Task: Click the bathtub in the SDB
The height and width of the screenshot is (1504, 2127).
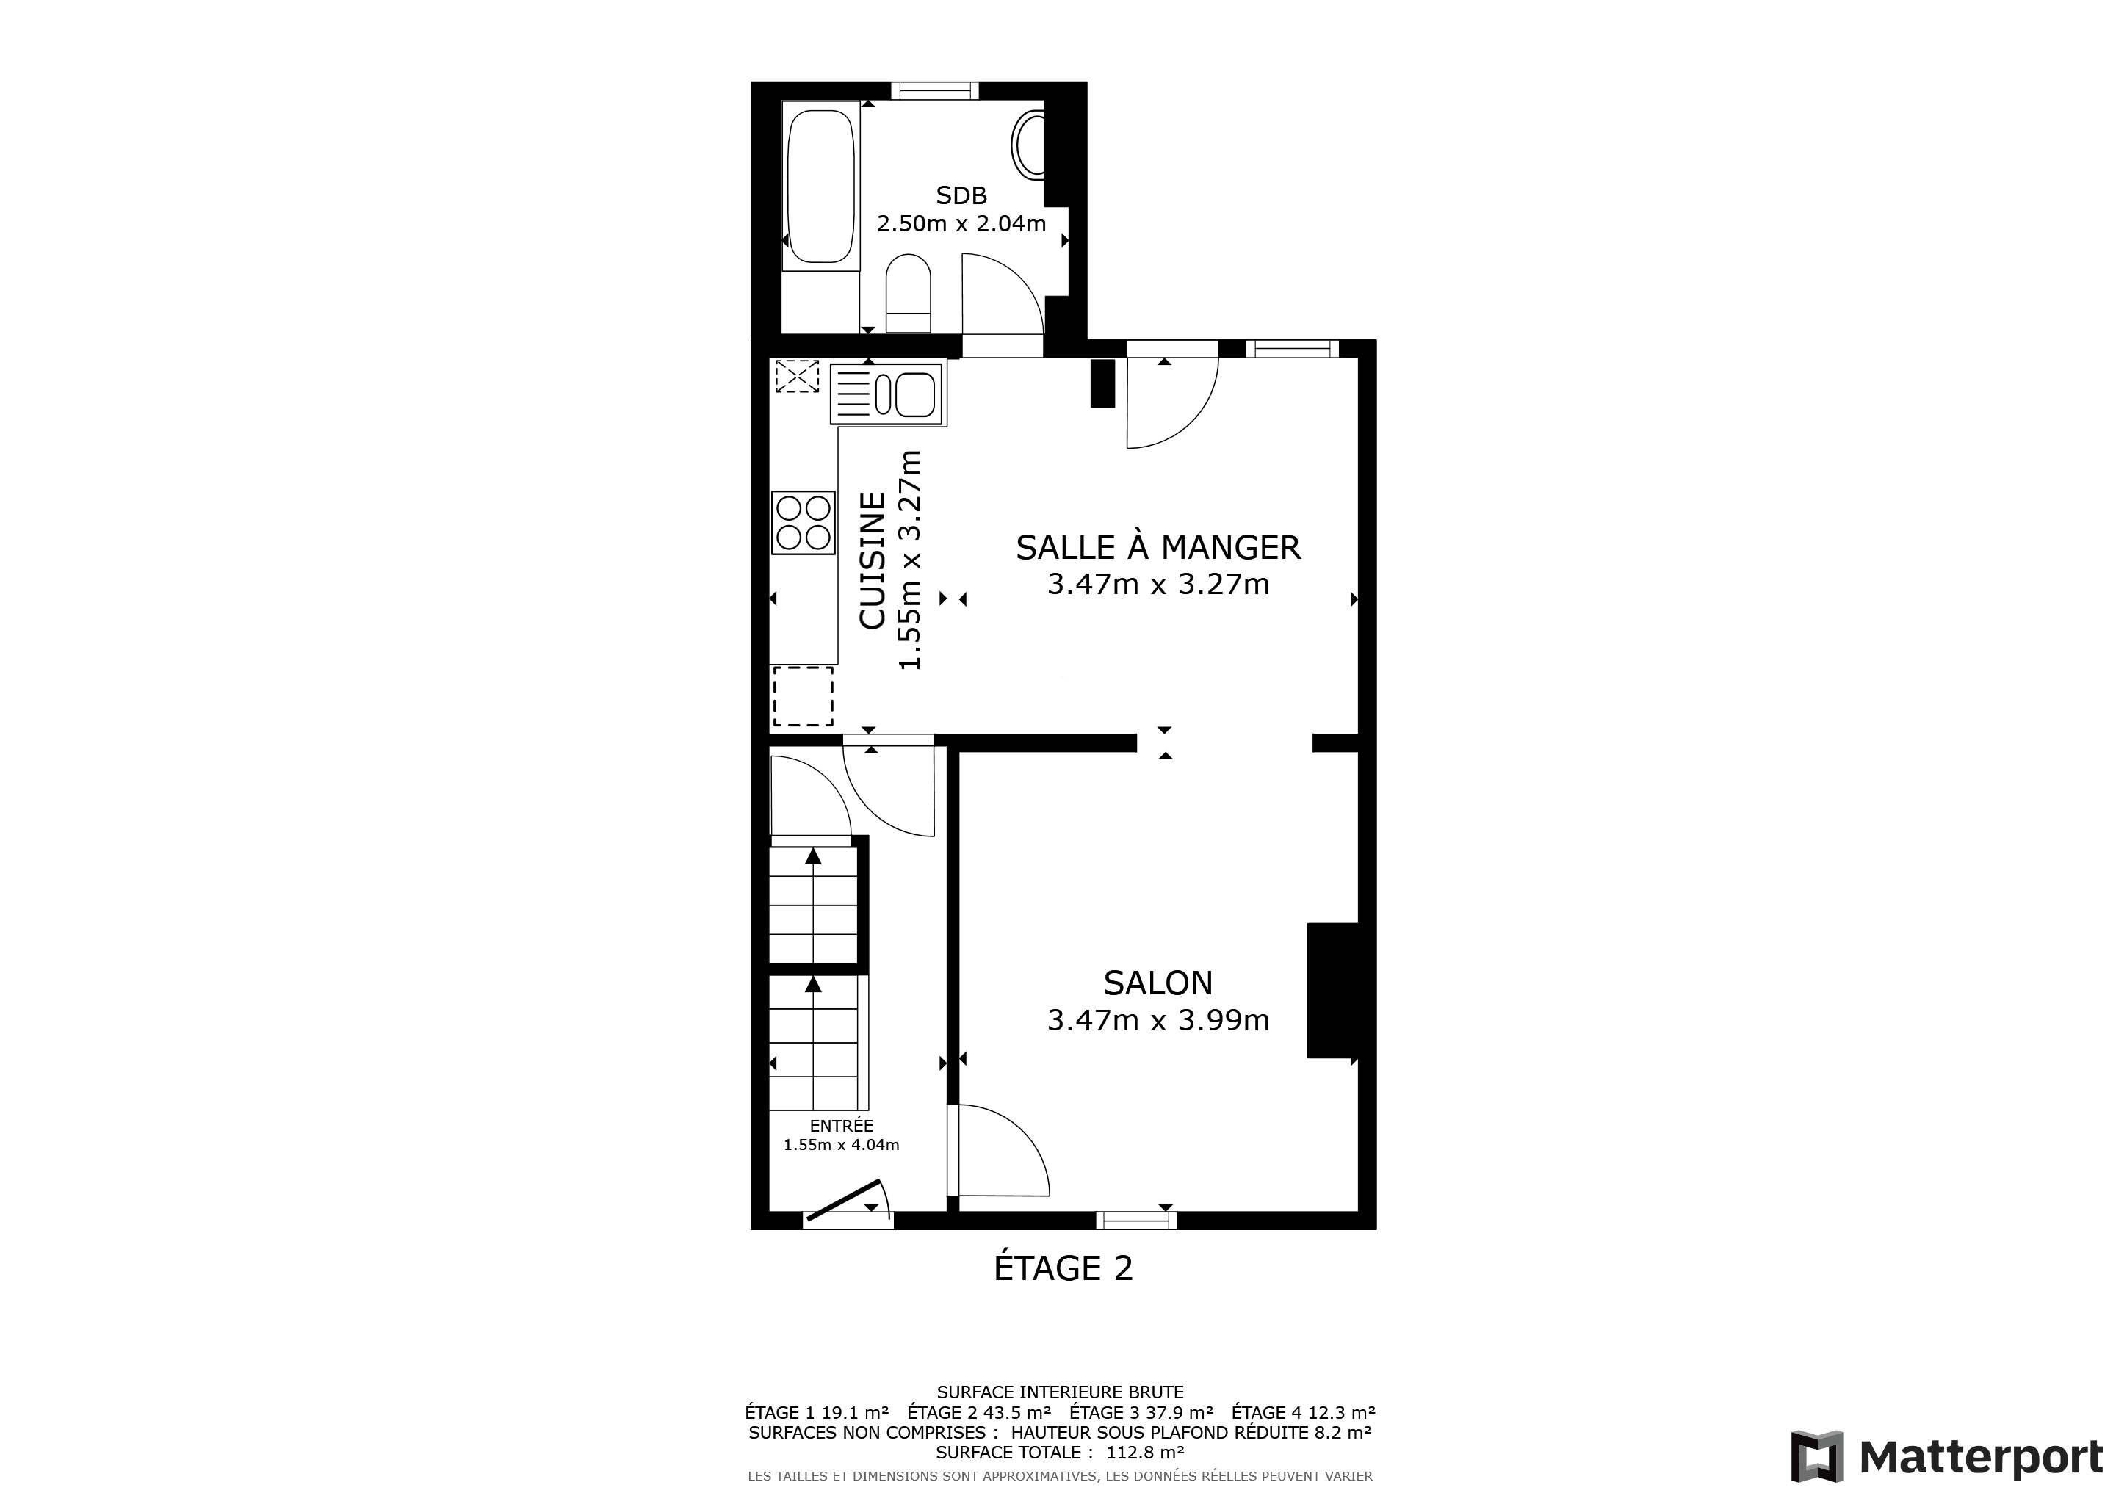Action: point(821,186)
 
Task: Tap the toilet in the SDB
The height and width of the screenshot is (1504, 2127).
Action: point(908,293)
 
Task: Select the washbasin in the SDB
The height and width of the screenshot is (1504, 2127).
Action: point(1028,145)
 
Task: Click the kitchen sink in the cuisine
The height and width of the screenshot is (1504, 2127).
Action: point(889,394)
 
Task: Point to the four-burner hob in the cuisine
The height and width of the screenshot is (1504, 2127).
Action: point(804,524)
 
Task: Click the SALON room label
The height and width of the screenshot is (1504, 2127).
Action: point(1158,983)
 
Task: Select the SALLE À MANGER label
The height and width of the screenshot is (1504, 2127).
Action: point(1158,547)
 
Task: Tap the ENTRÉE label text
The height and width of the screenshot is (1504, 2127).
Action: point(841,1126)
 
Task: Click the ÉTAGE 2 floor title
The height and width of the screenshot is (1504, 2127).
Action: point(1063,1268)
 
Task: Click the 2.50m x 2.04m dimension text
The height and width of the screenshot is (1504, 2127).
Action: point(961,223)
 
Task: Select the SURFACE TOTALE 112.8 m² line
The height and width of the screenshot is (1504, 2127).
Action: point(1061,1453)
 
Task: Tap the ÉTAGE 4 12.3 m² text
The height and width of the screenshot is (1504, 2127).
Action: point(1304,1412)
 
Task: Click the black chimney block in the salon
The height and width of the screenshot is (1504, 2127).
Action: point(1333,990)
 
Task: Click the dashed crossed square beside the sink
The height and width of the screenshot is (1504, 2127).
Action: point(798,377)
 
